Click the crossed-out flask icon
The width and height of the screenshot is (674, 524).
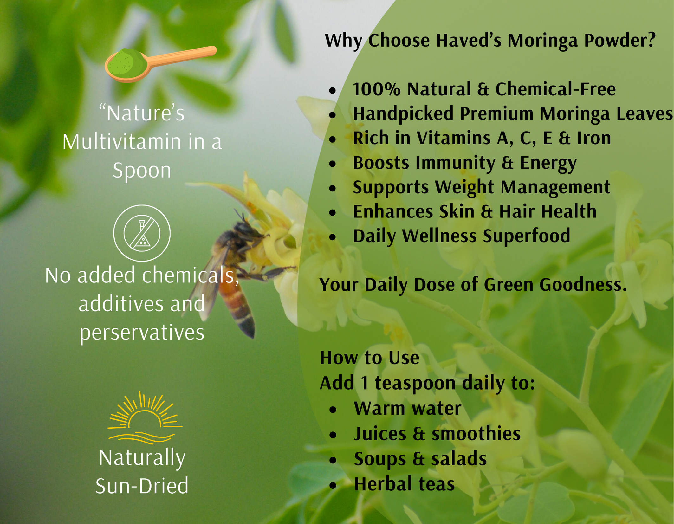(x=142, y=233)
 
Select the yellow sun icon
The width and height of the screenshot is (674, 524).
(x=145, y=417)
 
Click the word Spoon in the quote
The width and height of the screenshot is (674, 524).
(x=142, y=170)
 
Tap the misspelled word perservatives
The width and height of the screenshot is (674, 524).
(x=142, y=333)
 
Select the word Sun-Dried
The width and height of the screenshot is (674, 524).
(x=142, y=485)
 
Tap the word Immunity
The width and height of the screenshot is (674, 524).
(x=455, y=163)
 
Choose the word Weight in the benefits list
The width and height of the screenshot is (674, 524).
(x=464, y=188)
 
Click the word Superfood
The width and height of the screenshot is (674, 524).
(x=526, y=236)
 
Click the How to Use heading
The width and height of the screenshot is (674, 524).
(x=370, y=358)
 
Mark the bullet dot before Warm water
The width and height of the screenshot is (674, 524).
(x=333, y=410)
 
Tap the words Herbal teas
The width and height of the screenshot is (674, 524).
(x=404, y=484)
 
